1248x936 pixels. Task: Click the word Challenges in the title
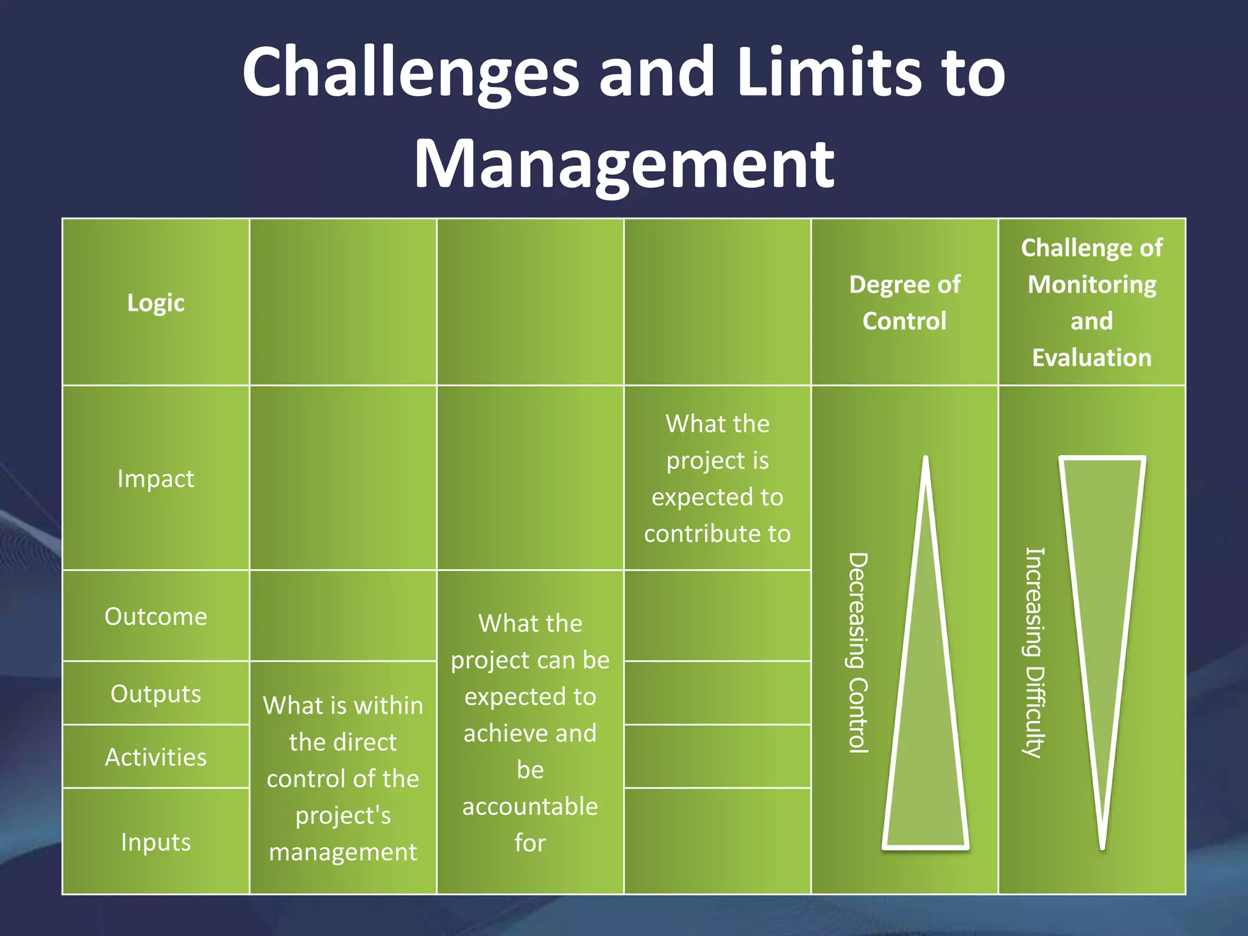point(409,73)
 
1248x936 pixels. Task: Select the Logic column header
point(156,303)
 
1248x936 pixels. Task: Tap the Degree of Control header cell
point(904,303)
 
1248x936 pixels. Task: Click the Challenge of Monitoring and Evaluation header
point(1091,303)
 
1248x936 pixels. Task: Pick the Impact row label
point(156,479)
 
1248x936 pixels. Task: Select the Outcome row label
point(156,617)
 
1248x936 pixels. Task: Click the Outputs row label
point(156,694)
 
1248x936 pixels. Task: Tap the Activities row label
point(156,757)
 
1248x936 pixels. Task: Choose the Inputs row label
point(156,842)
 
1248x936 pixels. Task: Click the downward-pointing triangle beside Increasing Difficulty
point(1102,579)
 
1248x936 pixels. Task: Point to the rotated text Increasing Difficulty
point(1034,652)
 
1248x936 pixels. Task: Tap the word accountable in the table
point(530,807)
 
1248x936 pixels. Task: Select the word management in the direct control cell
point(343,853)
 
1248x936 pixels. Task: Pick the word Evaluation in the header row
point(1091,358)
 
